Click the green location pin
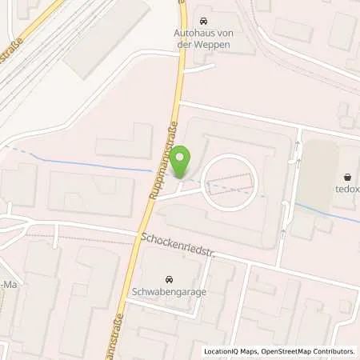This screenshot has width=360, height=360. point(182,162)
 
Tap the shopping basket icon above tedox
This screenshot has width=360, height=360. point(348,178)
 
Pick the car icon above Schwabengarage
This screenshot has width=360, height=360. point(169,279)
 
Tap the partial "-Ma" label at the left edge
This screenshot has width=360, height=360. point(7,287)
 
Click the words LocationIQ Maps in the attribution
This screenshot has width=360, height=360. point(229,351)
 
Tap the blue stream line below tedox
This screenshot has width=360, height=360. point(328,213)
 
